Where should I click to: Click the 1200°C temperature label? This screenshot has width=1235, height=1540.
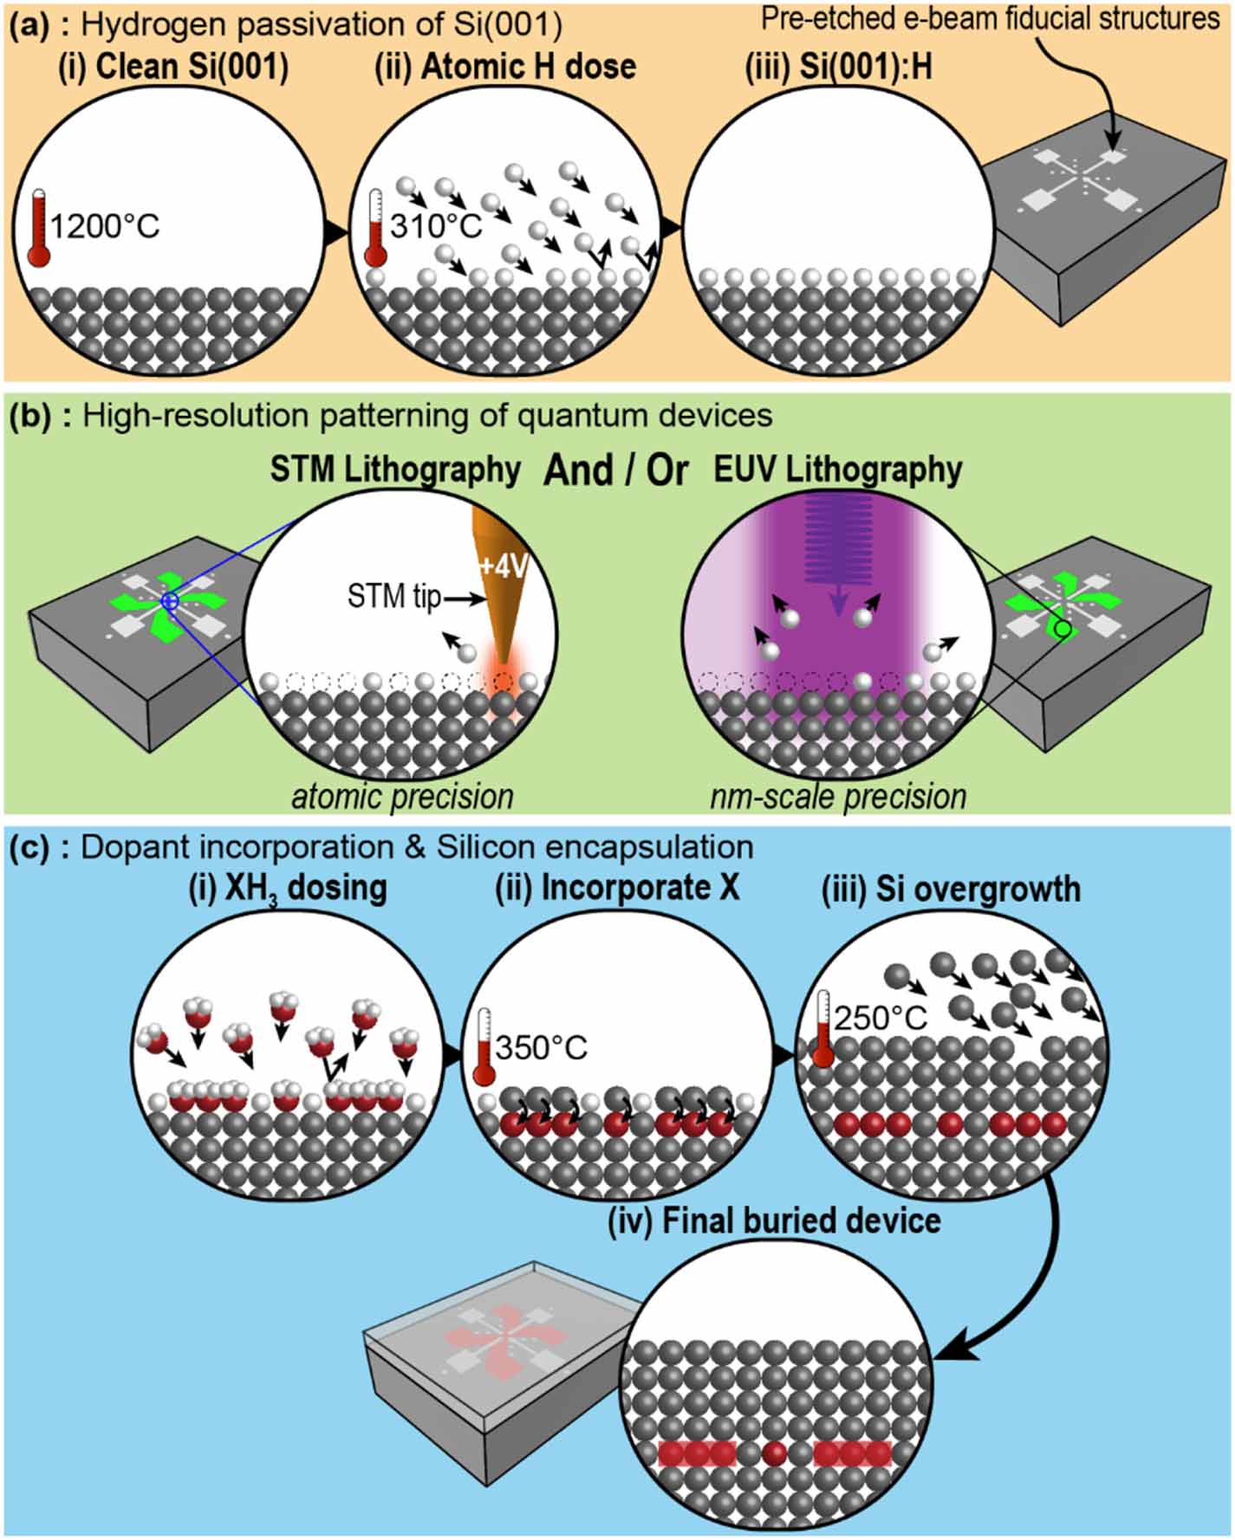point(105,227)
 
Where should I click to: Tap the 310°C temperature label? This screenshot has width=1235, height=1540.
point(435,227)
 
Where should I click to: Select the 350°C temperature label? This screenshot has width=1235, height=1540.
point(541,1048)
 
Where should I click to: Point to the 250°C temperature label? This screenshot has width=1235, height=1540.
point(881,1018)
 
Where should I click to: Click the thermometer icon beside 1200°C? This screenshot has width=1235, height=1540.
point(39,227)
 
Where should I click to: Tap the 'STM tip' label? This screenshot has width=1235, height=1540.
point(393,596)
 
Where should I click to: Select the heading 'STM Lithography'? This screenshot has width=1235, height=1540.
point(395,469)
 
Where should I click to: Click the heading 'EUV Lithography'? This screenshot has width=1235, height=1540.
point(837,469)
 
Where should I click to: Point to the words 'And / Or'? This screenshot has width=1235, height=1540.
point(616,469)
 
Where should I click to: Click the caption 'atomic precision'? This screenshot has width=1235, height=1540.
point(402,797)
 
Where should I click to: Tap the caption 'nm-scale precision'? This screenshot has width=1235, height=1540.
point(837,797)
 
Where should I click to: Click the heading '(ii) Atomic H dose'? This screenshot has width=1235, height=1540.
point(505,68)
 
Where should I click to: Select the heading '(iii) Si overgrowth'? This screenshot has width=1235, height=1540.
point(951,890)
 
